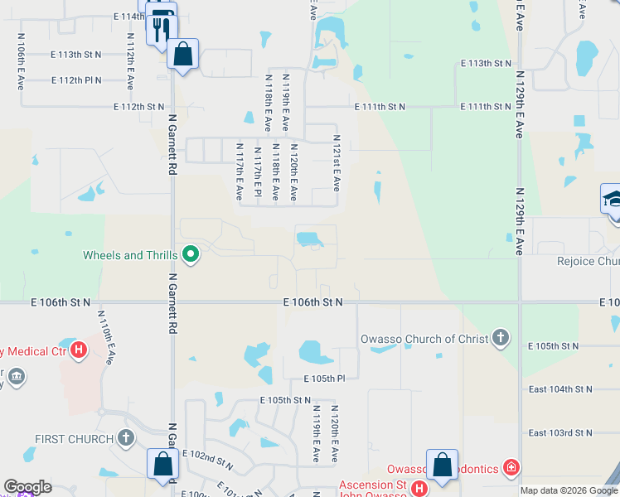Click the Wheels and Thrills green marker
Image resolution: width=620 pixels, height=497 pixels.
[191, 254]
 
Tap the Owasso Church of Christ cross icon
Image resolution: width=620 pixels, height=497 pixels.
[499, 338]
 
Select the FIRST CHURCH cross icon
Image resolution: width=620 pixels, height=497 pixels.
[125, 437]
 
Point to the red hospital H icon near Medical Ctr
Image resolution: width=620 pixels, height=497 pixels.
[79, 350]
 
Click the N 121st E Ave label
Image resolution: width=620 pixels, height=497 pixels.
[337, 163]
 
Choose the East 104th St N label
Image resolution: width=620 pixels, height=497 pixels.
[560, 388]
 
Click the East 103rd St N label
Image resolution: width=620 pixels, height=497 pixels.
[560, 432]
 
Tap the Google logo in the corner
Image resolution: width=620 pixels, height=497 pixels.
[27, 487]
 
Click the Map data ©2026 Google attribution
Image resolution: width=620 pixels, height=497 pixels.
[569, 490]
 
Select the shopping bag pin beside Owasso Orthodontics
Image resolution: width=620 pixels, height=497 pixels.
[442, 465]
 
